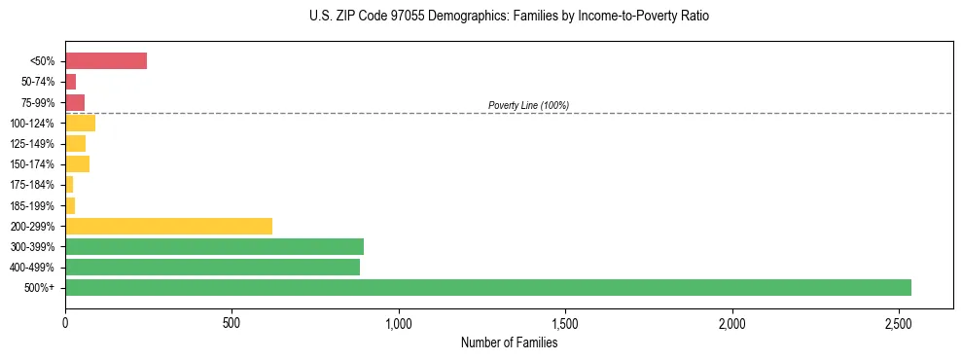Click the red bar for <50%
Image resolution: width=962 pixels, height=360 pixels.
[106, 61]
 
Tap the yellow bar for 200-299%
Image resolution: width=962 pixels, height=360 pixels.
[168, 226]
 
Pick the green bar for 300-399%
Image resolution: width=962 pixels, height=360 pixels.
[214, 246]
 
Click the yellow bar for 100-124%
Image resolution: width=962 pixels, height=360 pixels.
[80, 123]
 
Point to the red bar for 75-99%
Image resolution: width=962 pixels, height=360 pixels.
[75, 102]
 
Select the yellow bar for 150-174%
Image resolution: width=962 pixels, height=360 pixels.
[77, 163]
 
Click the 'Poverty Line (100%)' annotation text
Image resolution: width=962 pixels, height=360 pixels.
[528, 105]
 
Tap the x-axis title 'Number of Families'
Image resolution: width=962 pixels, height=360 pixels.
[509, 342]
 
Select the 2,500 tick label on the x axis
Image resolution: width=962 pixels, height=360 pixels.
[899, 323]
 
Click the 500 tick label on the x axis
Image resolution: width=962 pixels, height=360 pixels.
[232, 323]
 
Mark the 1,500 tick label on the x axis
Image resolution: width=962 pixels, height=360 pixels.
[565, 323]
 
